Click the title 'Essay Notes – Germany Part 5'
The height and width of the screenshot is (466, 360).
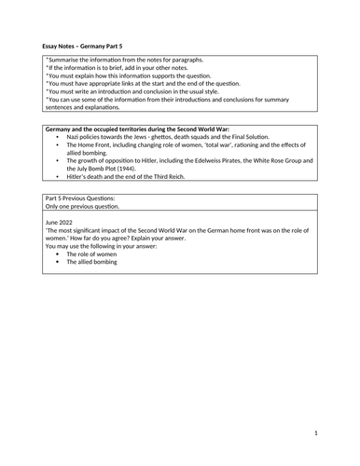(x=87, y=44)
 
